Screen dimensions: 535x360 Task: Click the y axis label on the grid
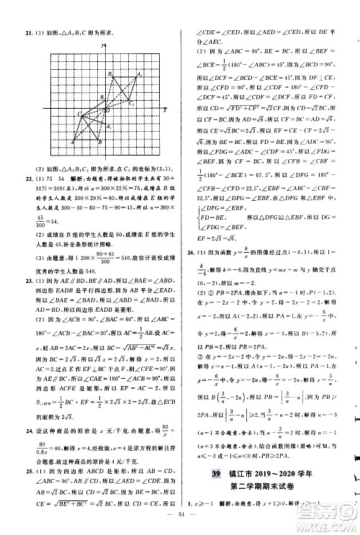pos(105,48)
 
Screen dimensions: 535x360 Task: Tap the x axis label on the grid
pos(165,111)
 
